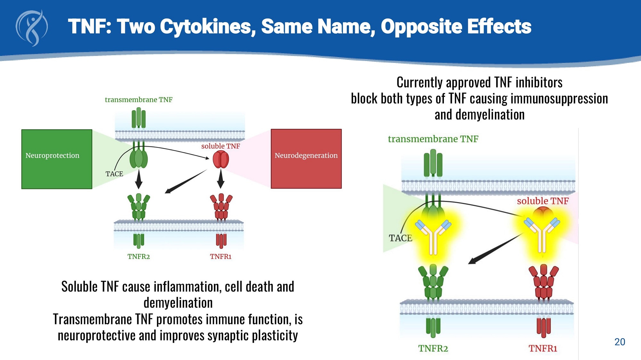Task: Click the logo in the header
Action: (x=32, y=28)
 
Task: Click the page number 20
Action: (x=620, y=342)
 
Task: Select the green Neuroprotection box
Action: (x=57, y=159)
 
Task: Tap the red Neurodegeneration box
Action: (x=306, y=159)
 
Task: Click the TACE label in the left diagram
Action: (x=114, y=174)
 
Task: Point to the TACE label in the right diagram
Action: (x=400, y=238)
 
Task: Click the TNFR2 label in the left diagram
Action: (x=138, y=257)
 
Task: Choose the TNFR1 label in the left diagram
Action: (x=221, y=257)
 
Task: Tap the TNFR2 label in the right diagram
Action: (x=433, y=348)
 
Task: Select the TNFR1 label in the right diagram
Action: (x=543, y=348)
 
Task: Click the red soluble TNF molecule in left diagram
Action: (x=221, y=160)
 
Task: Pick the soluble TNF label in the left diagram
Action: (x=221, y=146)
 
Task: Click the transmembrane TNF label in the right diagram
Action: (x=433, y=139)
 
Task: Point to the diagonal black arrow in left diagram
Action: (x=186, y=182)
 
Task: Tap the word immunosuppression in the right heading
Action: (x=559, y=99)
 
